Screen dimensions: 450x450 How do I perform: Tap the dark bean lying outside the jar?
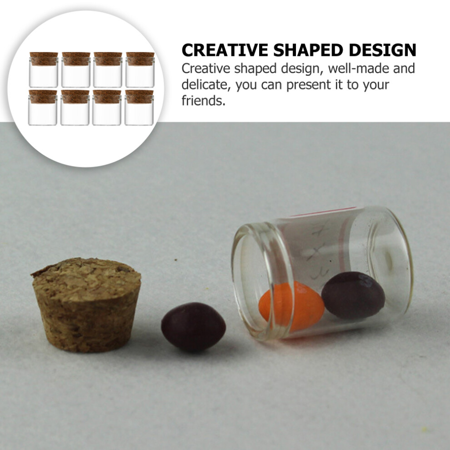(x=193, y=327)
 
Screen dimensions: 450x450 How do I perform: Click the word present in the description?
(x=308, y=85)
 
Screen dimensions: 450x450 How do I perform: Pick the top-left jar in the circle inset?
(x=44, y=70)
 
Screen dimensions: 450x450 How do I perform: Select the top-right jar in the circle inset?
(x=140, y=70)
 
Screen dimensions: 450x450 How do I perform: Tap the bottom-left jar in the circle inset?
(x=43, y=108)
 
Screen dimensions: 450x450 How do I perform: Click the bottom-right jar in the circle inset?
(x=139, y=108)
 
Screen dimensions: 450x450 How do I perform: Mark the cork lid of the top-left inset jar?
(x=44, y=58)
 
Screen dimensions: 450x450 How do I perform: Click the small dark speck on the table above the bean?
(x=175, y=260)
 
